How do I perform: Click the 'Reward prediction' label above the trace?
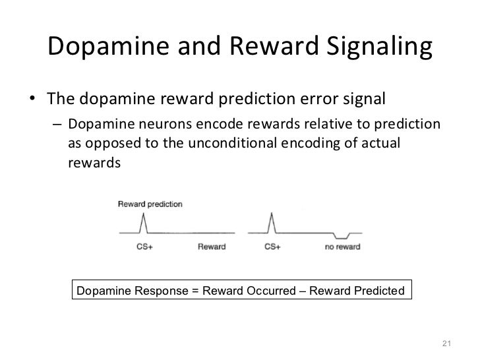150,204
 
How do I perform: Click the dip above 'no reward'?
341,237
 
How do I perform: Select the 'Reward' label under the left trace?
212,247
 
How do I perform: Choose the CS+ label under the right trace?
272,247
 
